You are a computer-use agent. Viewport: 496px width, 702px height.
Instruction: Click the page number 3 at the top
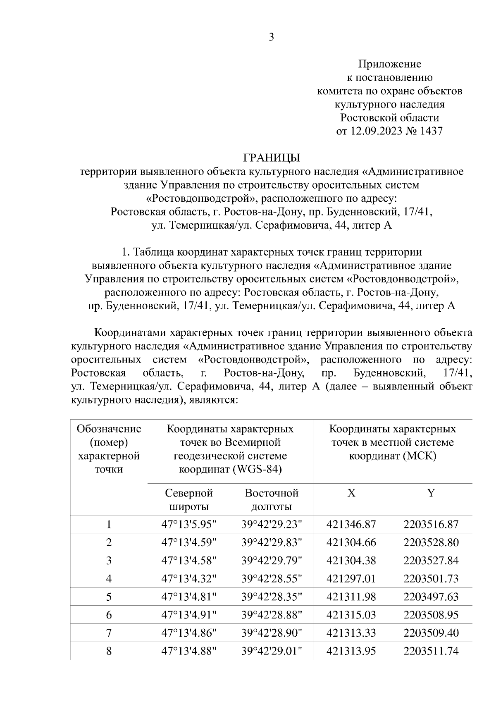click(271, 38)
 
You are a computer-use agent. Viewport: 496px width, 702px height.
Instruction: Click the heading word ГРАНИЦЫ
click(271, 158)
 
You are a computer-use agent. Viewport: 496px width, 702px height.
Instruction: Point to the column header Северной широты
click(189, 500)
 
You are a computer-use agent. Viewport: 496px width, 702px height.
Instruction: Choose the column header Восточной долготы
click(272, 500)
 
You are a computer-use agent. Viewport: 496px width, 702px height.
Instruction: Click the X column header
click(351, 493)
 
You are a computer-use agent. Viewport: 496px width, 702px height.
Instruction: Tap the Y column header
click(431, 493)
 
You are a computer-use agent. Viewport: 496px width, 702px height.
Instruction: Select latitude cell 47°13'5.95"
click(189, 525)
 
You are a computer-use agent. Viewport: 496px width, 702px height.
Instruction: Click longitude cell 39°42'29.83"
click(272, 543)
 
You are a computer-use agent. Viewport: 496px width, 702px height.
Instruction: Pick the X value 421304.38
click(351, 561)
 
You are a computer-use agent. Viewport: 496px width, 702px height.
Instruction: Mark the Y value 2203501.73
click(431, 579)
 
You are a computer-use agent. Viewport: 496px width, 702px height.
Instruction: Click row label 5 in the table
click(109, 597)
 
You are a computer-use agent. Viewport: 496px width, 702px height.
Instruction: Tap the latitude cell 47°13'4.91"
click(189, 615)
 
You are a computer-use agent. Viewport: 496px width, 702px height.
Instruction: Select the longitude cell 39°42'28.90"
click(272, 633)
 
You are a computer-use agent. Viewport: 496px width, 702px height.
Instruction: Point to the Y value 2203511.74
click(431, 651)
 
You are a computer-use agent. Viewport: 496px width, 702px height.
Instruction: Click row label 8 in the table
click(109, 651)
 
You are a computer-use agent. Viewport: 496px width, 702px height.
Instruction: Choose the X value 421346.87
click(351, 525)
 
